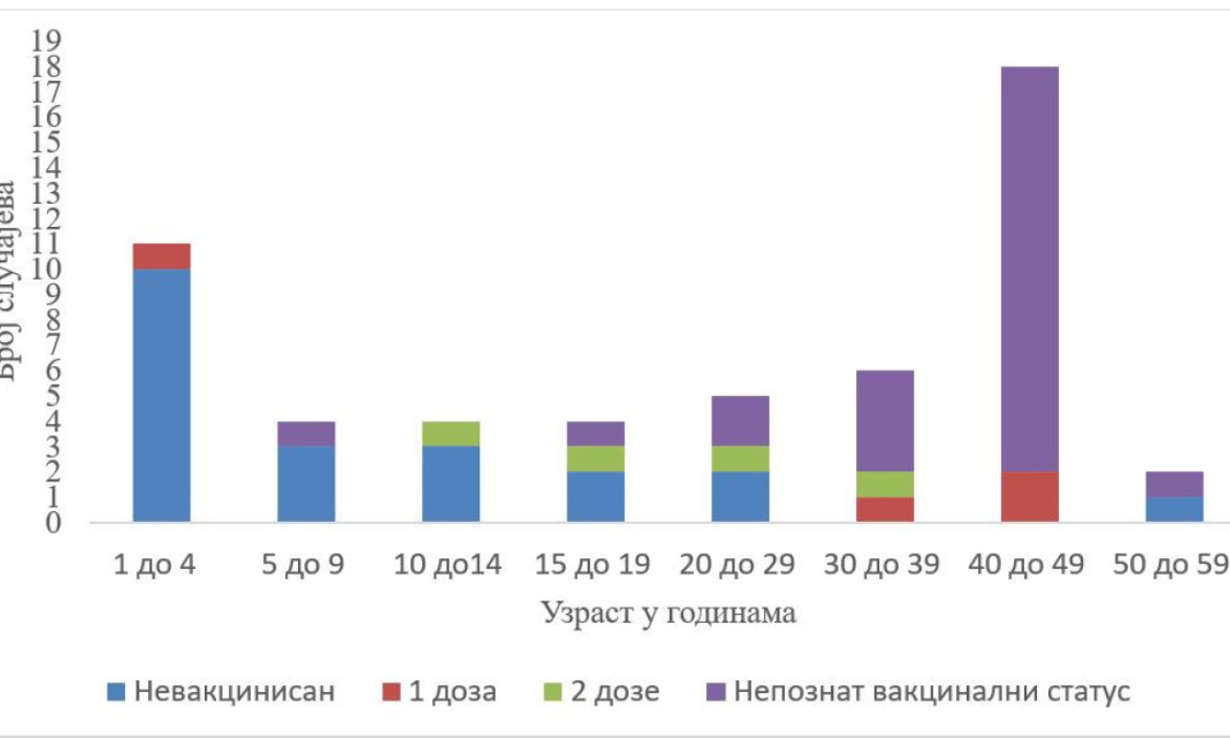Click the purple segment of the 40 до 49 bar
click(x=1029, y=269)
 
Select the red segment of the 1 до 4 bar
click(x=161, y=257)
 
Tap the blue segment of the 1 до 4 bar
click(x=161, y=395)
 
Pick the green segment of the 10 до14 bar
click(x=451, y=433)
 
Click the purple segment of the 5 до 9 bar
click(x=307, y=433)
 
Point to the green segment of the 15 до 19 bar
click(x=596, y=458)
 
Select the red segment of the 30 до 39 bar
click(x=885, y=509)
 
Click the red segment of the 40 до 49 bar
click(x=1029, y=497)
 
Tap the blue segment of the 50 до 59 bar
click(x=1174, y=509)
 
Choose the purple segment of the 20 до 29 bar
click(x=740, y=421)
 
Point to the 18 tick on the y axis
click(x=47, y=66)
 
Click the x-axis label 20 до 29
click(x=738, y=565)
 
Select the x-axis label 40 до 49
click(x=1027, y=565)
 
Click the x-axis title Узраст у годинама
click(x=668, y=613)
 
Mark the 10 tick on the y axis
click(x=47, y=269)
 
